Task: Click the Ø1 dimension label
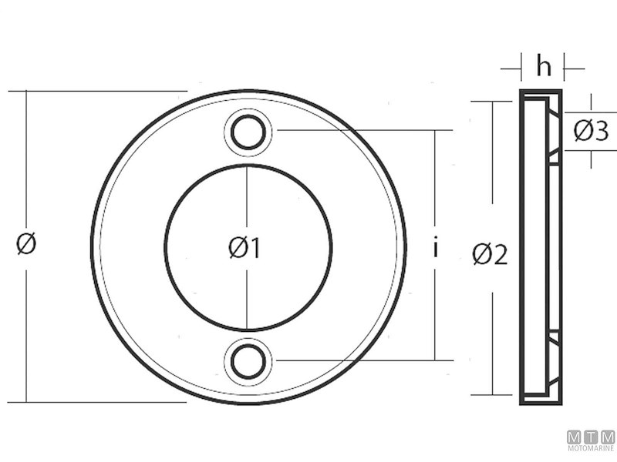[x=244, y=248]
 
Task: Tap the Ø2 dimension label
[x=490, y=253]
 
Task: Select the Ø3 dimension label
[x=591, y=132]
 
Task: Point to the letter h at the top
[x=544, y=68]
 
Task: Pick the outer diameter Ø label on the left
[x=26, y=244]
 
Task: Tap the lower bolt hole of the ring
[x=248, y=361]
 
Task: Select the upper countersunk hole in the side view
[x=554, y=134]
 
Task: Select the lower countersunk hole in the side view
[x=554, y=359]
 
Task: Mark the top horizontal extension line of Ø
[x=100, y=91]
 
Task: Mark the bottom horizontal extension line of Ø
[x=100, y=402]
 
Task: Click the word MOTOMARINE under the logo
[x=592, y=448]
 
